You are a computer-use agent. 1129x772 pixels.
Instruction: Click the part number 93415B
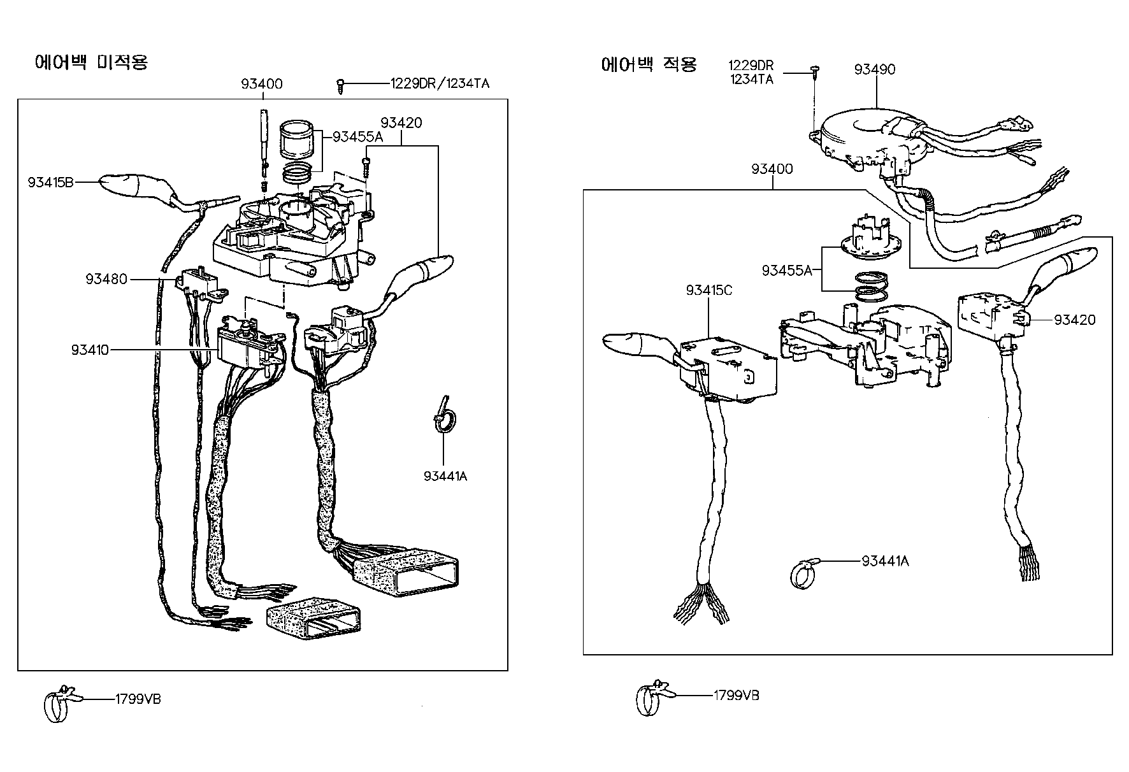[50, 183]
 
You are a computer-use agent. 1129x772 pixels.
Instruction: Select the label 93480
[106, 279]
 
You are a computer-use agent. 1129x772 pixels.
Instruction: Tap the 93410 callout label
[90, 350]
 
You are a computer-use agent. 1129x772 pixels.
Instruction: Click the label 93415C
[709, 290]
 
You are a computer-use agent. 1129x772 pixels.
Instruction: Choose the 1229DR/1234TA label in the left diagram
[440, 83]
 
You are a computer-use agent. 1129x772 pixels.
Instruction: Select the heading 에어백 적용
[649, 64]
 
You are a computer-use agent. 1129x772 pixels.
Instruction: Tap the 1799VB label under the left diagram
[138, 699]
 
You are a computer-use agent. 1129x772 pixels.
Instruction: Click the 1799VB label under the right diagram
[736, 695]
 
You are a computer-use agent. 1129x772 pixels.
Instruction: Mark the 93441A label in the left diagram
[445, 476]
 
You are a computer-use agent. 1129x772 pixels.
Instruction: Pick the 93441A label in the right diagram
[885, 561]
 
